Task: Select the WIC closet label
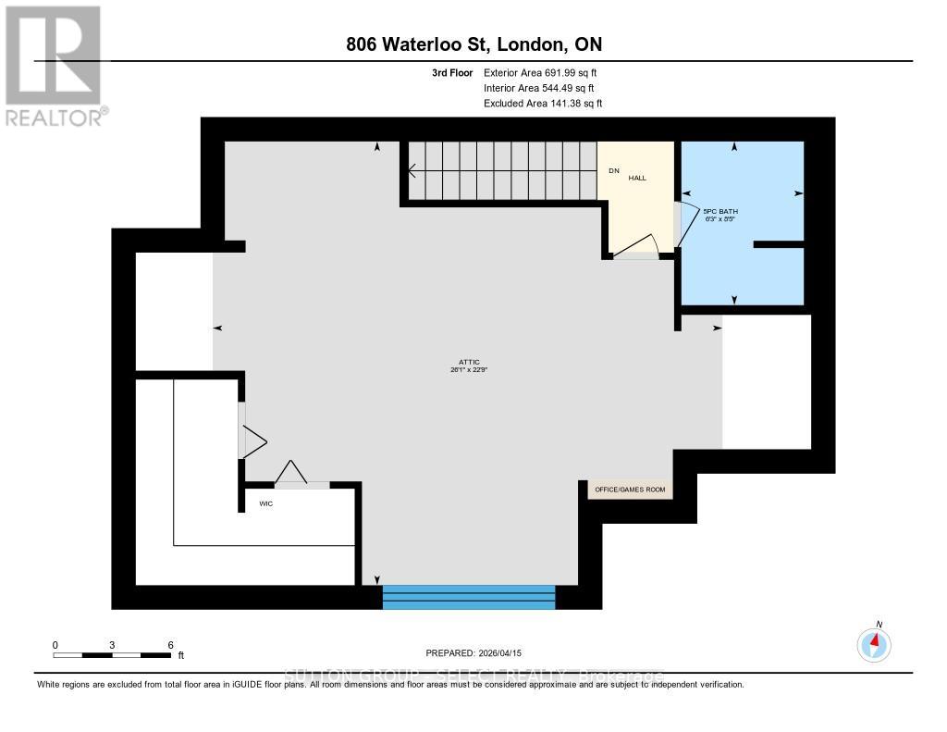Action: pyautogui.click(x=267, y=504)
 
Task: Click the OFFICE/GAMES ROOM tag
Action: pyautogui.click(x=630, y=490)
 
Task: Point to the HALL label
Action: pyautogui.click(x=637, y=177)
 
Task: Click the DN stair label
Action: pyautogui.click(x=613, y=170)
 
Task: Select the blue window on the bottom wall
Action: pyautogui.click(x=469, y=597)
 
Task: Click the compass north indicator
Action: pyautogui.click(x=874, y=642)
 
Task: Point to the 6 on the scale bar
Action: pyautogui.click(x=169, y=644)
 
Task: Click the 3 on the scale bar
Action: pyautogui.click(x=112, y=644)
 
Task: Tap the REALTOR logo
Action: pyautogui.click(x=54, y=65)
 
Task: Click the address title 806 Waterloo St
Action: pyautogui.click(x=473, y=44)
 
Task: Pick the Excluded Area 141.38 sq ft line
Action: pyautogui.click(x=543, y=104)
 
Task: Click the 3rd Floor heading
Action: pyautogui.click(x=452, y=72)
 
